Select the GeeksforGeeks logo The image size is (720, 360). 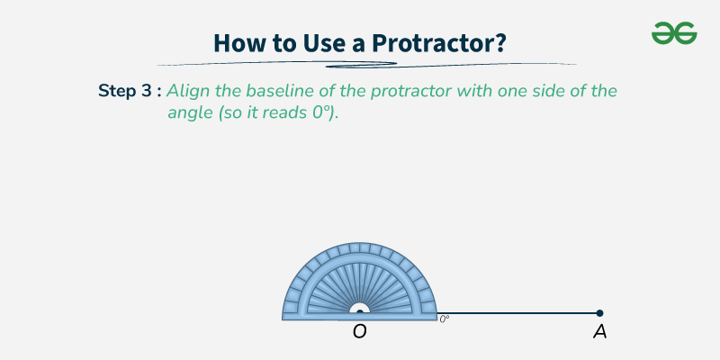(x=674, y=33)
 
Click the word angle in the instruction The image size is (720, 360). (x=188, y=117)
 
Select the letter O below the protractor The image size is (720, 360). (x=359, y=332)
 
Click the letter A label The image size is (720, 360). (x=599, y=332)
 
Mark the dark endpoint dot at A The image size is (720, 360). (x=599, y=313)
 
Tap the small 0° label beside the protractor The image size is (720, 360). (x=445, y=319)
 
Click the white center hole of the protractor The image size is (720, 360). (x=359, y=310)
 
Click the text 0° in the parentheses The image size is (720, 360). (x=319, y=117)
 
